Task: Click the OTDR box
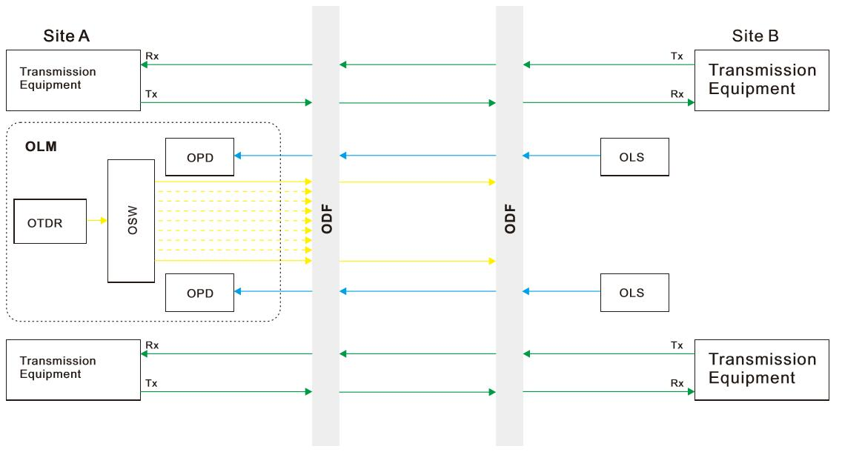tap(50, 221)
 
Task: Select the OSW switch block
tap(131, 221)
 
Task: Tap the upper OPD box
tap(199, 156)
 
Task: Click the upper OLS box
tap(634, 156)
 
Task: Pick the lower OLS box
tap(634, 292)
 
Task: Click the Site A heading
tap(67, 36)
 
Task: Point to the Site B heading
tap(755, 36)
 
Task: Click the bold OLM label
tap(41, 147)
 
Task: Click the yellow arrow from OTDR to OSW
tap(97, 220)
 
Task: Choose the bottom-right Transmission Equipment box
tap(761, 369)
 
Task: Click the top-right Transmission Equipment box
tap(761, 80)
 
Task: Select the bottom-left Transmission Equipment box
tap(73, 369)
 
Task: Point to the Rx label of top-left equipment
tap(151, 56)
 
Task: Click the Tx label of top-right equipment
tap(677, 56)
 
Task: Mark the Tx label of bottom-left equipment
tap(151, 383)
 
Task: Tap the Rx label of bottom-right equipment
tap(677, 383)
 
